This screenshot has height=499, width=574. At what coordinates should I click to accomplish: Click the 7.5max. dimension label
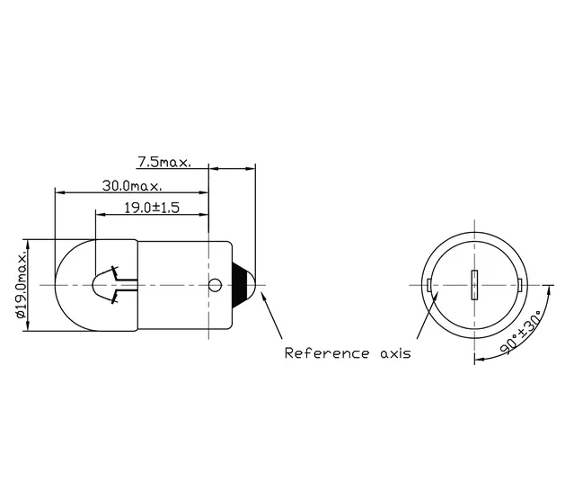(x=164, y=162)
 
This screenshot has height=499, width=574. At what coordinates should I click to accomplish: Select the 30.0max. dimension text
(x=132, y=186)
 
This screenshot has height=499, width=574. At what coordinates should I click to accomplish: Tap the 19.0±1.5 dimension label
(x=152, y=208)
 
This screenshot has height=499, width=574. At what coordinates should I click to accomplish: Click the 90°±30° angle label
(x=521, y=333)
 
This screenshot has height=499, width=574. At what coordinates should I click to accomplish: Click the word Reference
(x=327, y=353)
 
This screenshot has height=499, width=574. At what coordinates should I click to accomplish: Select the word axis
(x=396, y=354)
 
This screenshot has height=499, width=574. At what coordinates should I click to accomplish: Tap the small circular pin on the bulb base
(x=216, y=285)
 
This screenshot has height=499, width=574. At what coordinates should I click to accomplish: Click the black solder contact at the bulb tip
(x=243, y=285)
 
